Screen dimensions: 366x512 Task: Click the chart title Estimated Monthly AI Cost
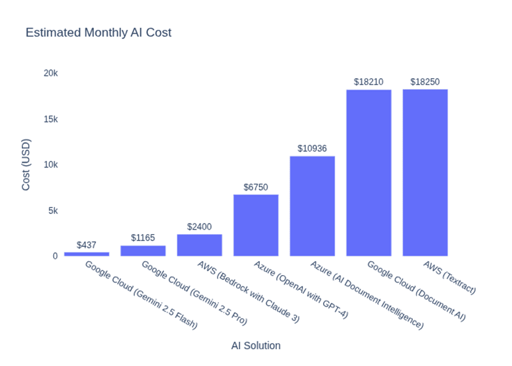coord(99,33)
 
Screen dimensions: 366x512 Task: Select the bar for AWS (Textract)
coord(425,172)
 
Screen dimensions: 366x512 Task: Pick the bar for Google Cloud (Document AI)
coord(368,172)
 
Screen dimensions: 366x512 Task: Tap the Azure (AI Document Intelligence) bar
coord(312,206)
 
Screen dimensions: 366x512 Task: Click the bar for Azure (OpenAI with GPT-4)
coord(255,225)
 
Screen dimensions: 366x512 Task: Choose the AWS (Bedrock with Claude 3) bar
coord(199,245)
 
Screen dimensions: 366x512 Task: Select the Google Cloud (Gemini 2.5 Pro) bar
coord(143,251)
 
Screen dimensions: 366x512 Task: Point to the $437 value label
coord(86,245)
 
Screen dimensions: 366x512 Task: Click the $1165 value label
coord(143,238)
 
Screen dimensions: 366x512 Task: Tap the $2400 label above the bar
coord(199,227)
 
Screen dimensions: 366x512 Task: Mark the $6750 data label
coord(255,187)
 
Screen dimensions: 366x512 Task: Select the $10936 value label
coord(312,149)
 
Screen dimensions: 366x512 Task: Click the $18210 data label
coord(368,82)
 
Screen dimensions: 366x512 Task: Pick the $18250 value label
coord(425,82)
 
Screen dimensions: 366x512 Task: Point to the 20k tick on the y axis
coord(51,74)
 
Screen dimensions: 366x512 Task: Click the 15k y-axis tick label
coord(51,119)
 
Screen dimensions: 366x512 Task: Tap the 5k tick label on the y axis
coord(53,211)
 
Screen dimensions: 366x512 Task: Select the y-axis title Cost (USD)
coord(26,165)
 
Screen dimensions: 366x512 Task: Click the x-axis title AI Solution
coord(255,346)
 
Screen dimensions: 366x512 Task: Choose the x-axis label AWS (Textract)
coord(449,278)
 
